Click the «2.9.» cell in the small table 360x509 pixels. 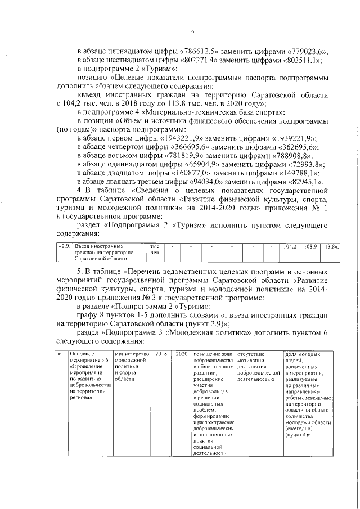[x=65, y=247]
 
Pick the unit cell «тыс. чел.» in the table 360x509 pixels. [x=155, y=250]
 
